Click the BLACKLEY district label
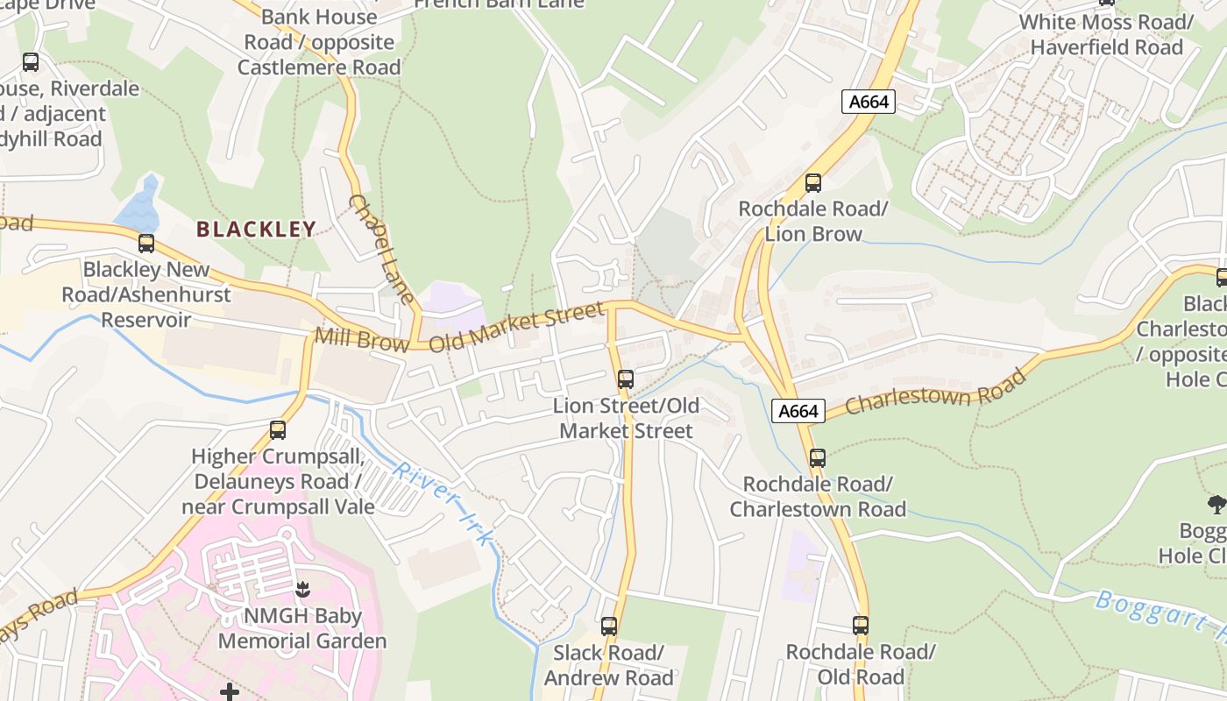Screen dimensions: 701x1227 coord(255,230)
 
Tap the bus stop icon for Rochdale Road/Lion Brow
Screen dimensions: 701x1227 coord(813,183)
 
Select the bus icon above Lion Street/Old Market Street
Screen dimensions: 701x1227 coord(626,379)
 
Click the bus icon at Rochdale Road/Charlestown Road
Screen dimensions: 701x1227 coord(818,457)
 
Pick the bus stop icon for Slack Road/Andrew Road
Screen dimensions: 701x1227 coord(609,627)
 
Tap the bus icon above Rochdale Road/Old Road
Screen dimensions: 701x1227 coord(861,626)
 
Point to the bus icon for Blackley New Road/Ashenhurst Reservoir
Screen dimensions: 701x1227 coord(146,244)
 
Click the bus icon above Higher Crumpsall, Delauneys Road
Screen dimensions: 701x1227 coord(278,429)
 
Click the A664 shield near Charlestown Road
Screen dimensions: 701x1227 coord(798,411)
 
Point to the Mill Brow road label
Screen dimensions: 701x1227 coord(361,339)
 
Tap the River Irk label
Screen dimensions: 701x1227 coord(443,506)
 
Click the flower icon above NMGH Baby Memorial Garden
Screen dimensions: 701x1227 coord(302,589)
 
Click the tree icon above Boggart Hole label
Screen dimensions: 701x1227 coord(1216,504)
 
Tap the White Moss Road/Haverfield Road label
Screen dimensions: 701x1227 coord(1106,34)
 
